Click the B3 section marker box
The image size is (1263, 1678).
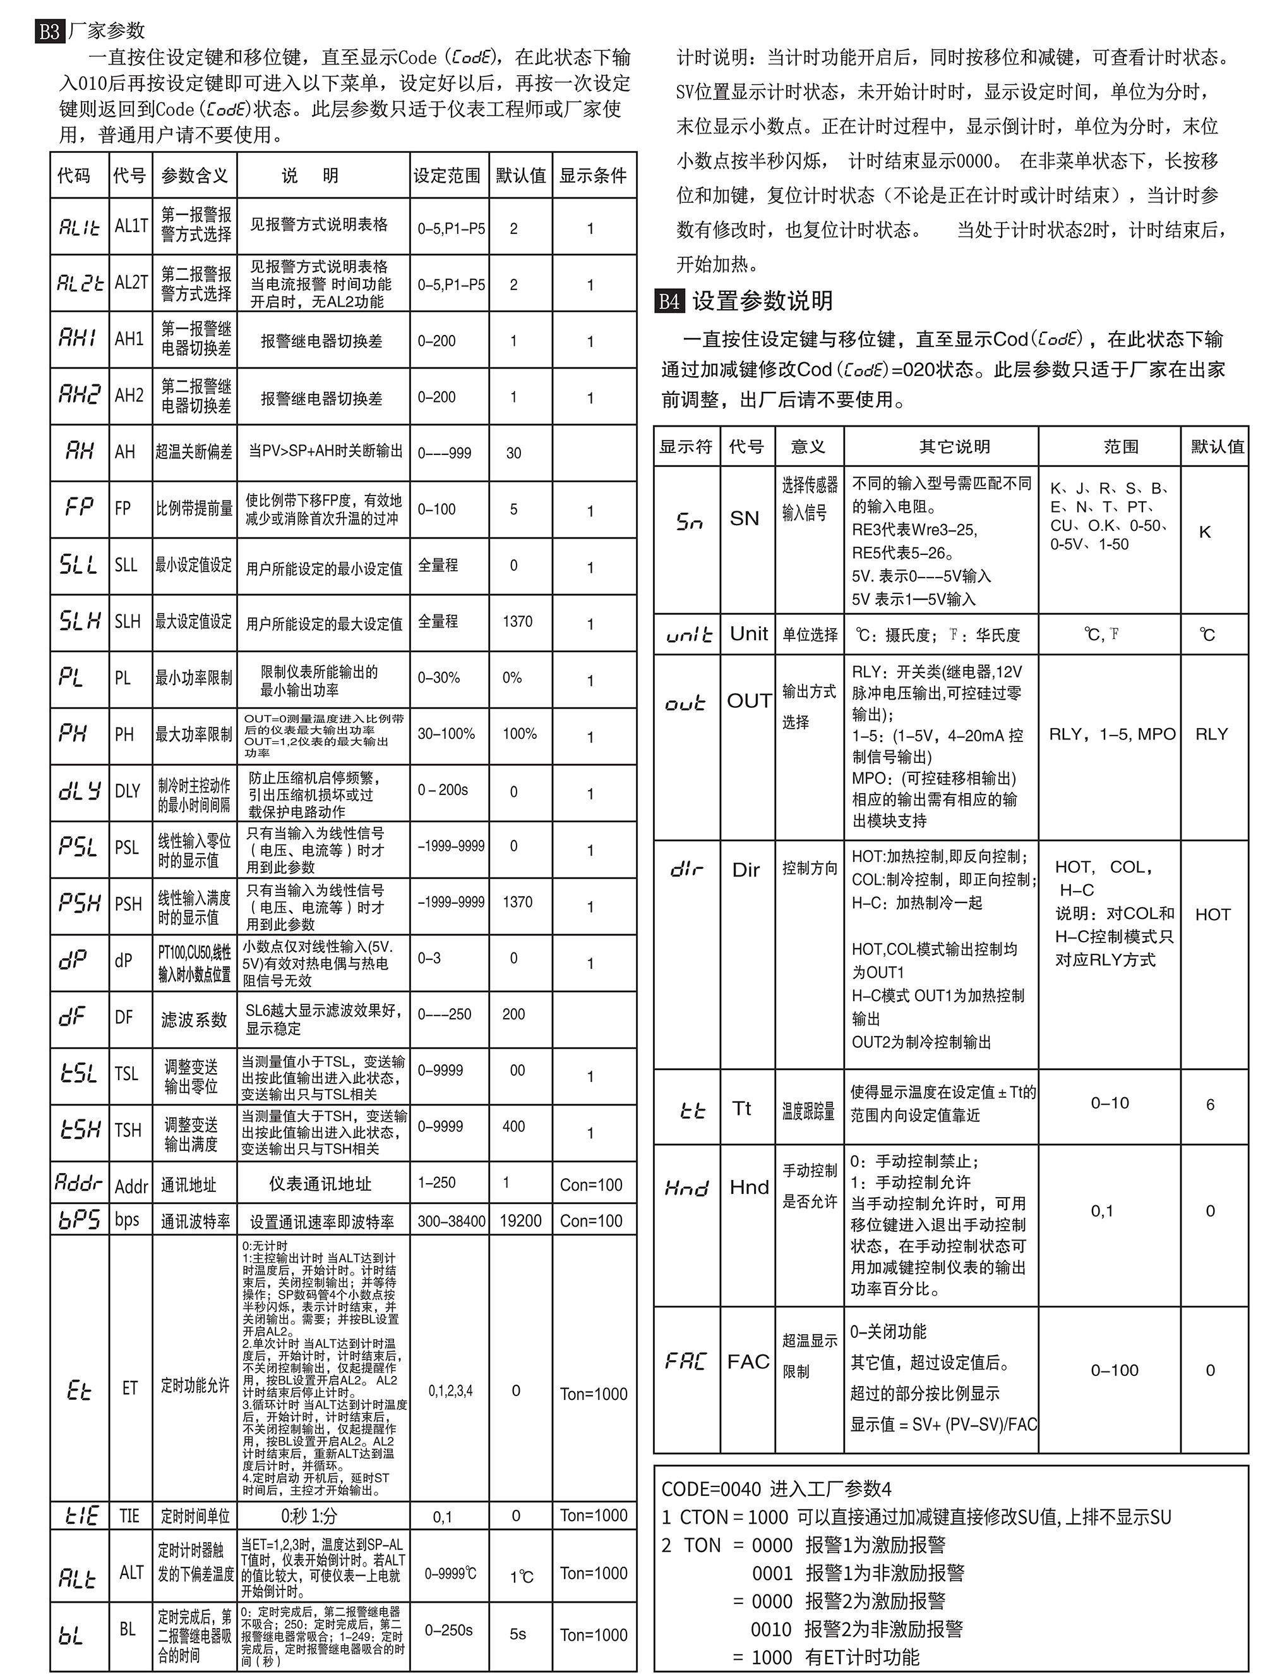coord(49,32)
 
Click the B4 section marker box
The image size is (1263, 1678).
coord(669,301)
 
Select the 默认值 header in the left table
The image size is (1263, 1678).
coord(520,176)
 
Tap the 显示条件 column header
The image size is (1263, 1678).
coord(593,176)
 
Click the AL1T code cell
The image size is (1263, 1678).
coord(131,226)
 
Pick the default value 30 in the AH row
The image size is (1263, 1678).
coord(513,453)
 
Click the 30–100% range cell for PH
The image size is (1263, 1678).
coord(446,734)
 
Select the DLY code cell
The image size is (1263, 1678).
coord(128,791)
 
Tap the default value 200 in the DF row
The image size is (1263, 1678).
coord(513,1014)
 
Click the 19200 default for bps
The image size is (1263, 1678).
coord(520,1220)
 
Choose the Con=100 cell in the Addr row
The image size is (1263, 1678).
coord(590,1185)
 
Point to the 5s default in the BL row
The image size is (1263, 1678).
coord(518,1633)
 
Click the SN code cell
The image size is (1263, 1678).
coord(745,518)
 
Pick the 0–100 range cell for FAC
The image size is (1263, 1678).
coord(1115,1370)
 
